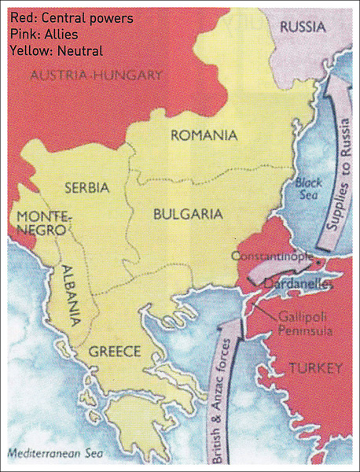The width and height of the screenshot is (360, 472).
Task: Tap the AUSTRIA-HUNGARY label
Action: pos(96,76)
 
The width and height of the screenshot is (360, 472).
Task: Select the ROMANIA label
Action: pos(204,135)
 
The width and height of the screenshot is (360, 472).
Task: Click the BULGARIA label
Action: pos(188,213)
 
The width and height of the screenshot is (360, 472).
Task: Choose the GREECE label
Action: pos(114,351)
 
